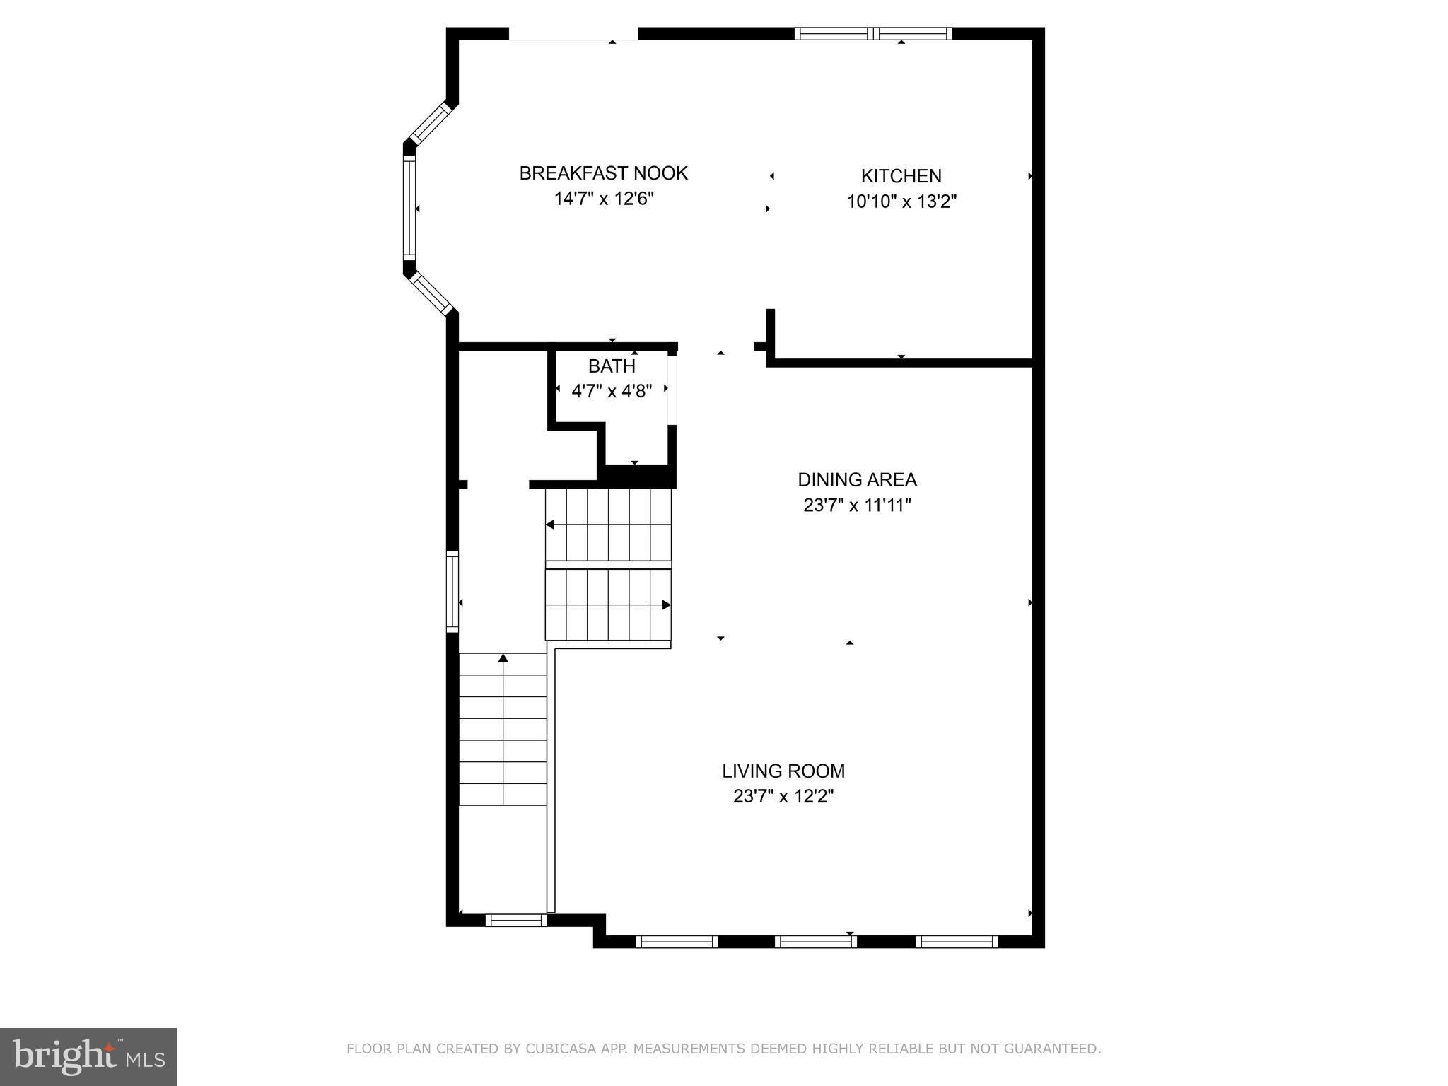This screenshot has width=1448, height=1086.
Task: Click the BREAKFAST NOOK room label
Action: click(x=603, y=173)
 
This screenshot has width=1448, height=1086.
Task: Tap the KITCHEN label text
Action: click(x=901, y=176)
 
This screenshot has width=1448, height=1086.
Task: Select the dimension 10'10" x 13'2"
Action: click(x=901, y=202)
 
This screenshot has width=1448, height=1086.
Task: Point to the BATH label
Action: click(x=612, y=366)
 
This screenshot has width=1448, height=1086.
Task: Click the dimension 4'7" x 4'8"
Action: click(x=612, y=391)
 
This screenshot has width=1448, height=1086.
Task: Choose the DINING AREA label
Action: click(x=857, y=480)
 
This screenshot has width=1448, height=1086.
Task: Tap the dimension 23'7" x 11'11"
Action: click(x=857, y=506)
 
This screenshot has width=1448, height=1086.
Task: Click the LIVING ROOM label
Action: click(x=783, y=771)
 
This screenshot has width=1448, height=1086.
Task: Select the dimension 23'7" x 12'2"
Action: click(x=783, y=797)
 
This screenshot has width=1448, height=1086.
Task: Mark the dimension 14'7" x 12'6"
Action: click(x=603, y=199)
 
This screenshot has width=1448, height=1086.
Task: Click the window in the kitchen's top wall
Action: click(x=873, y=33)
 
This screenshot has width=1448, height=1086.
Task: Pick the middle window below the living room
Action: click(x=815, y=941)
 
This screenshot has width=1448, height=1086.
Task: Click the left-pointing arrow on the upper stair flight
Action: click(x=550, y=525)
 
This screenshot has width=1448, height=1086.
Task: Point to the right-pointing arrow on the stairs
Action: click(x=666, y=605)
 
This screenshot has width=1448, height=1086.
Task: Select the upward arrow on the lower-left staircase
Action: click(x=503, y=658)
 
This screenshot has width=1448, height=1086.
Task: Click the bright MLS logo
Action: click(x=88, y=1056)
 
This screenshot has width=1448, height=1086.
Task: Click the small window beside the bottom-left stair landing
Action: click(x=516, y=920)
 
